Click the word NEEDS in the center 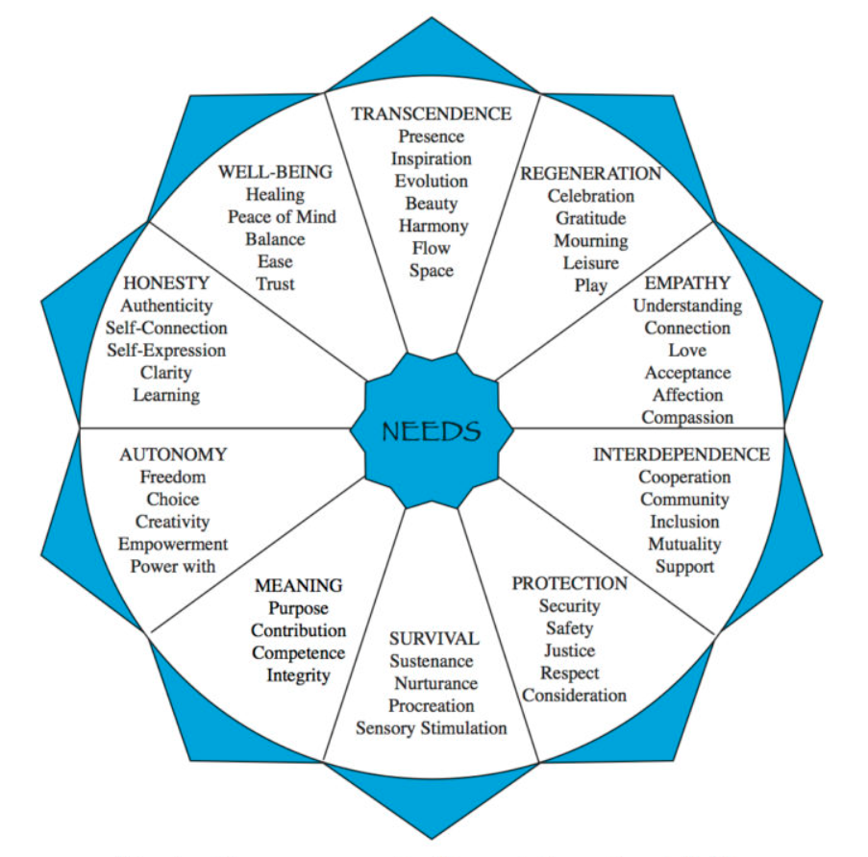(432, 430)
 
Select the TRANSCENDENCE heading (432, 113)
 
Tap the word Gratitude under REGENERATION (590, 218)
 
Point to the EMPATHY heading (687, 282)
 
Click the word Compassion (687, 417)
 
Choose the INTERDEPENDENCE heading (682, 453)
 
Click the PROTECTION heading (569, 583)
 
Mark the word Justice (569, 650)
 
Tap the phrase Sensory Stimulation (432, 727)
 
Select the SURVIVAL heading (434, 638)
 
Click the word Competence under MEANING (298, 652)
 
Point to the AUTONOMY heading (173, 453)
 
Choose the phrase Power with (173, 566)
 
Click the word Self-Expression (166, 350)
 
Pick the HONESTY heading (166, 282)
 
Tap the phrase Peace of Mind (282, 216)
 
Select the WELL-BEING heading (275, 172)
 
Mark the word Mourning (590, 240)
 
